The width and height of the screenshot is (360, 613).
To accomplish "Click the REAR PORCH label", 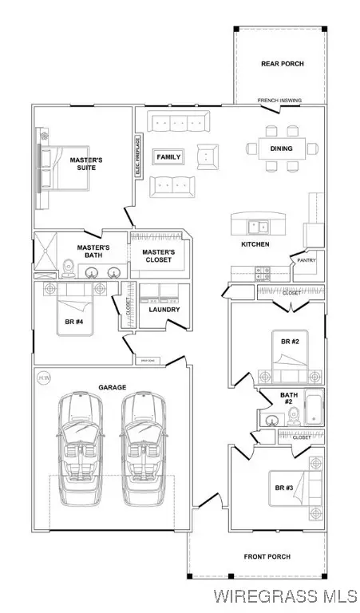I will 283,64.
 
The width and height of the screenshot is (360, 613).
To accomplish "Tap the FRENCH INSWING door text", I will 279,101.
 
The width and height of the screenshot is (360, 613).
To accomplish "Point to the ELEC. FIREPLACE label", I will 138,157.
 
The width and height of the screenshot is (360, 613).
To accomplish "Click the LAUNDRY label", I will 163,310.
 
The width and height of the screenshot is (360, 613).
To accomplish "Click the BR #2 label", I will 288,341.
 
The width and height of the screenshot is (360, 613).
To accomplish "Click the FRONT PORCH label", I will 267,556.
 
